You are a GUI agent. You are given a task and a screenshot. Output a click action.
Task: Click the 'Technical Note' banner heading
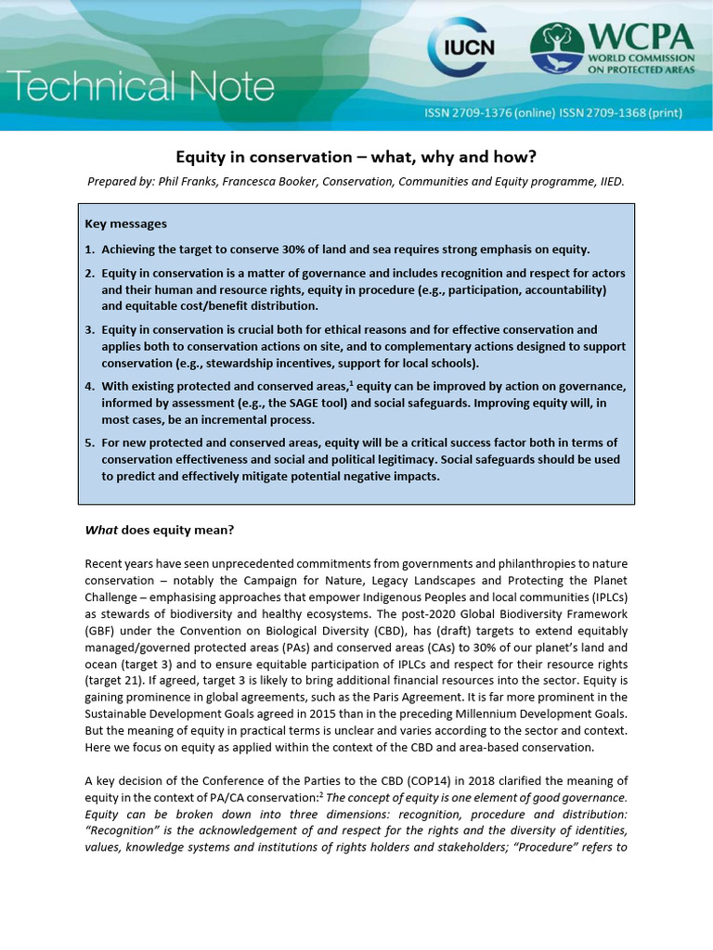pos(139,88)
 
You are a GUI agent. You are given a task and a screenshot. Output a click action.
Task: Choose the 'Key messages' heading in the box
pos(126,224)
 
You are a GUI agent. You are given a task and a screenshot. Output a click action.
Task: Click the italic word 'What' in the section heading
pos(101,530)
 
